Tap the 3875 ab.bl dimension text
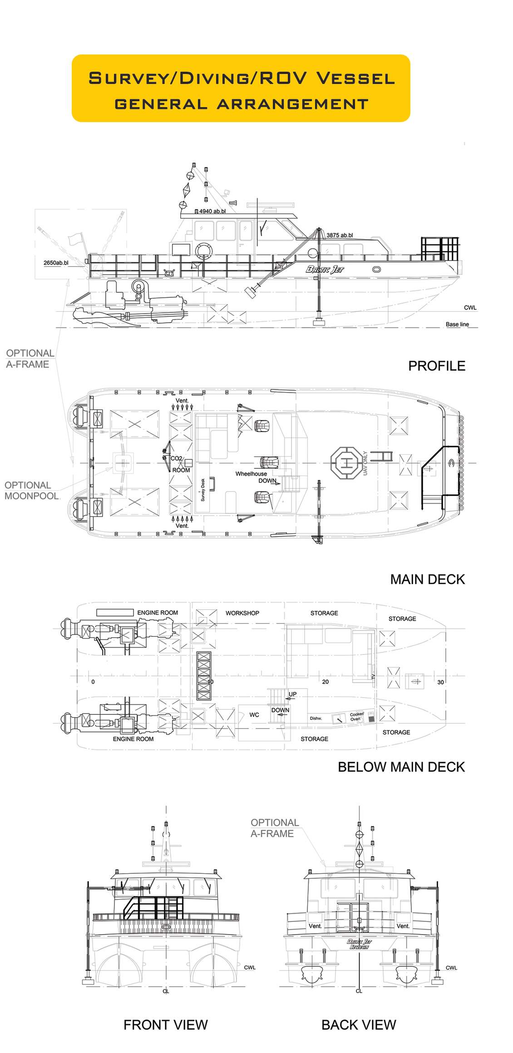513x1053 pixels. (x=340, y=235)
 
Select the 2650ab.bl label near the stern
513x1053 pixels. (x=56, y=263)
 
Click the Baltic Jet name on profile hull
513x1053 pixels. (x=325, y=269)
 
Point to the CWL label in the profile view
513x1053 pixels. (x=470, y=308)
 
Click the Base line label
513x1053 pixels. (x=457, y=325)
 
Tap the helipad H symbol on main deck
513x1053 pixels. (x=346, y=463)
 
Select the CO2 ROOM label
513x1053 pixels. (x=180, y=464)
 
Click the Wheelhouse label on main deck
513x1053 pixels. (x=251, y=474)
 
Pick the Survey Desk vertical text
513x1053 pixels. (x=203, y=490)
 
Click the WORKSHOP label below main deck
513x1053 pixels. (x=242, y=613)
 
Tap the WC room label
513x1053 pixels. (x=254, y=715)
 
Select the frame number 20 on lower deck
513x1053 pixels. (x=326, y=682)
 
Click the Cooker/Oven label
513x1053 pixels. (x=356, y=717)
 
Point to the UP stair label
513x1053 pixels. (x=292, y=694)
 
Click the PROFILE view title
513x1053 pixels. (x=436, y=366)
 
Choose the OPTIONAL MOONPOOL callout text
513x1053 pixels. (x=31, y=491)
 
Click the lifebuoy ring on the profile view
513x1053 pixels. (x=204, y=251)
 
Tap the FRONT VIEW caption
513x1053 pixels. (x=165, y=1024)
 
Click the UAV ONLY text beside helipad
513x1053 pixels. (x=365, y=463)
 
